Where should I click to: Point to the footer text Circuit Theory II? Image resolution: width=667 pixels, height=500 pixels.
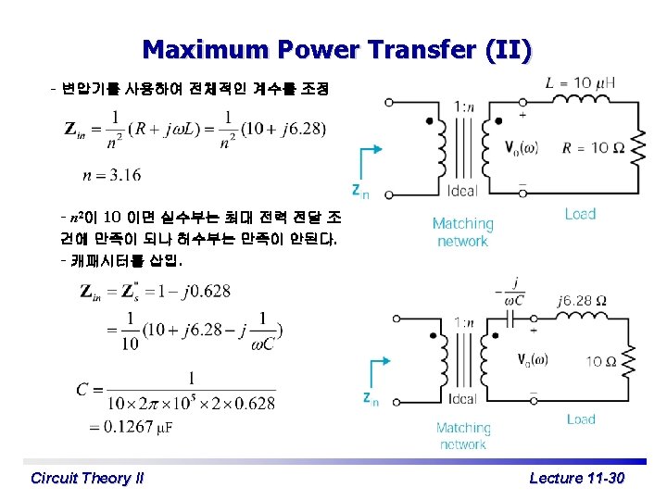[x=87, y=478]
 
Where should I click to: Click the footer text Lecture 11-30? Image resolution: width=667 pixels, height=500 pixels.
[x=576, y=478]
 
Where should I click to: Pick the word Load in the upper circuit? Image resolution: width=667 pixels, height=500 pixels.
[x=580, y=214]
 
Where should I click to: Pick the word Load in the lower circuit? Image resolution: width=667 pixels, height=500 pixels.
[x=581, y=419]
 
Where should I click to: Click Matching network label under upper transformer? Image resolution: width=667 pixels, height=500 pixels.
[x=462, y=231]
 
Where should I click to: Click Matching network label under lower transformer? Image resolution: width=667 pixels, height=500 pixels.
[x=462, y=436]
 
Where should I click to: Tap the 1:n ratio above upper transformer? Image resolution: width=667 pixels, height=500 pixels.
[x=466, y=106]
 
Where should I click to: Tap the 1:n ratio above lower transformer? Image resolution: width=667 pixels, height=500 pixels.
[x=464, y=322]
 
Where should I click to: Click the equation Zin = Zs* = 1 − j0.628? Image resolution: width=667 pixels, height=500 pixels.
[x=156, y=292]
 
